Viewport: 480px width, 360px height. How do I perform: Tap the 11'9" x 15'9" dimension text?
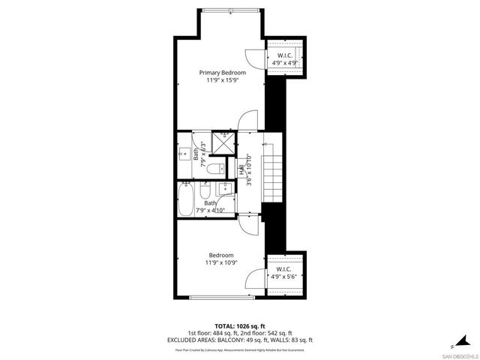click(222, 80)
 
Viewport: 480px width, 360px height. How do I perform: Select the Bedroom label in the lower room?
click(221, 255)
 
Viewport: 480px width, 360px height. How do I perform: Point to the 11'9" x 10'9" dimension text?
click(221, 262)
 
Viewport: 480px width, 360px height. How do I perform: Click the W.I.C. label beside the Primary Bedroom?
click(285, 55)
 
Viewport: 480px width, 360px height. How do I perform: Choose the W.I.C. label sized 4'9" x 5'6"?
click(285, 269)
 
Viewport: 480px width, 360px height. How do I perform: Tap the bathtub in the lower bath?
click(187, 201)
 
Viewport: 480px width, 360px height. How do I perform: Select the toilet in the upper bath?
click(212, 169)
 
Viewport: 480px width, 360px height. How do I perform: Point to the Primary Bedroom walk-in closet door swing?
click(253, 58)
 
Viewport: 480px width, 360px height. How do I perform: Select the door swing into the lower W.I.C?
click(254, 279)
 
